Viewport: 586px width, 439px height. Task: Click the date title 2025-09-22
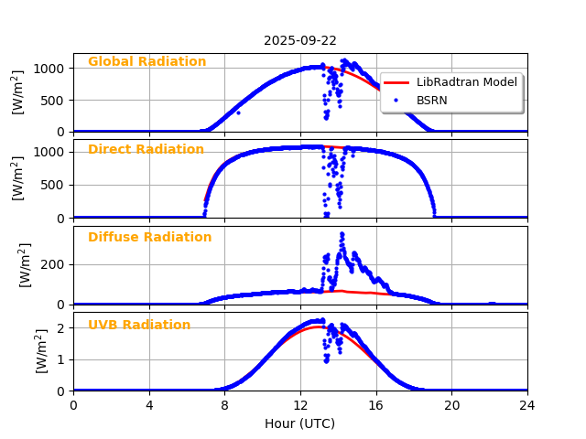click(299, 40)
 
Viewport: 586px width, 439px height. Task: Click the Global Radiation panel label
click(146, 62)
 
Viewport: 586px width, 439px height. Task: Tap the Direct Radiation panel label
click(146, 150)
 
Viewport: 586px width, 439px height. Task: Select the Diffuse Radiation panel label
click(149, 238)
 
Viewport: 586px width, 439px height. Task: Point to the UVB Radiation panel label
click(139, 326)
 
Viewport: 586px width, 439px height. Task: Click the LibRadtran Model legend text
click(466, 82)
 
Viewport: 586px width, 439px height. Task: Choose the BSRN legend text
click(431, 100)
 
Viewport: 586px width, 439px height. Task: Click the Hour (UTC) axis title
click(299, 424)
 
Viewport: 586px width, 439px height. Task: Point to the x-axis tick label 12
click(300, 405)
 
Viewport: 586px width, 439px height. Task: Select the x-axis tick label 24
click(526, 405)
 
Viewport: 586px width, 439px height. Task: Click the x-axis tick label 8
click(224, 405)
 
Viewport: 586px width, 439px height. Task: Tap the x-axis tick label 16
click(375, 405)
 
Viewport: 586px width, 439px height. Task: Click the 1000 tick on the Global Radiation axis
click(49, 69)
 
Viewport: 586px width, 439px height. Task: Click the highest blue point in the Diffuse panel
click(342, 233)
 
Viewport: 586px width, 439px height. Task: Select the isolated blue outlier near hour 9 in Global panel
click(238, 112)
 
